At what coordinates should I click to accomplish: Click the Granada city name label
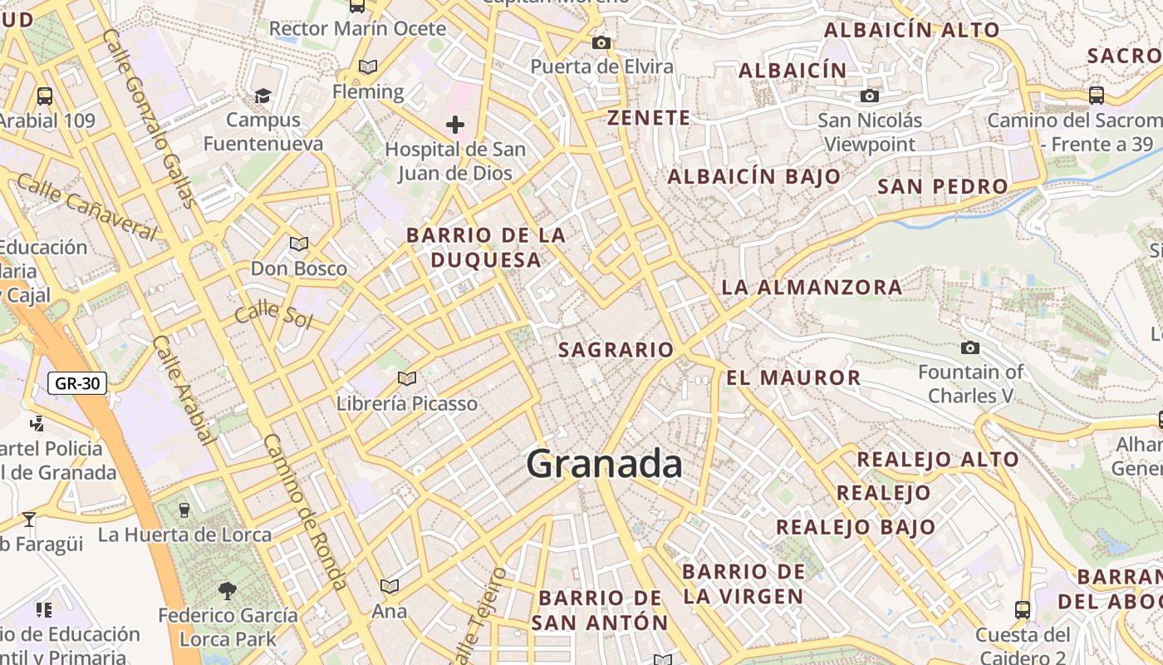[604, 463]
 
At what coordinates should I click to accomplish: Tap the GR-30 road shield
[77, 383]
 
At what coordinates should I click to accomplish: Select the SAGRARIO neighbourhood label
[616, 350]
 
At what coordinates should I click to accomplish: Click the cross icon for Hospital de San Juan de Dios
[454, 126]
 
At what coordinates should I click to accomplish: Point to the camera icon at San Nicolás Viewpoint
[870, 96]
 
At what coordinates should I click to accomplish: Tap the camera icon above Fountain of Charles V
[969, 347]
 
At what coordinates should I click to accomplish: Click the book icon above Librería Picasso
[406, 379]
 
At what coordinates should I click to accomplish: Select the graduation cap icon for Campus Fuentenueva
[263, 96]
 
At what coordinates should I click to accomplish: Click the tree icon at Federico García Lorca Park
[228, 591]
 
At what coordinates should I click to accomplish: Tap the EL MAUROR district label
[793, 378]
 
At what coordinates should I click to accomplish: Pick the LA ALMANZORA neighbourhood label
[811, 288]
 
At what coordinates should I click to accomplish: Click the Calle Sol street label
[272, 316]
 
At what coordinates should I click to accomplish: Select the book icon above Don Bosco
[298, 244]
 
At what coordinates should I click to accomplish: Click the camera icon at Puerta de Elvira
[601, 43]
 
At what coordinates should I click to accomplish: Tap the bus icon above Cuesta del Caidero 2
[1023, 610]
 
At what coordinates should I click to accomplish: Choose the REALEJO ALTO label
[937, 459]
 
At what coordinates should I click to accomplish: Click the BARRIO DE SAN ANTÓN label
[599, 610]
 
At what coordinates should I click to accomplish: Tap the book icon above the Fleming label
[367, 67]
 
